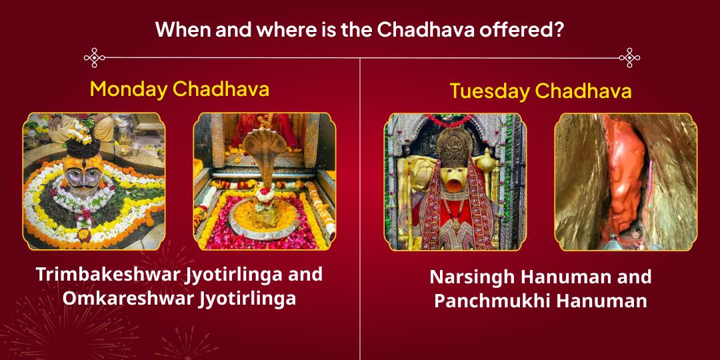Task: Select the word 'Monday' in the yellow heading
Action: [129, 89]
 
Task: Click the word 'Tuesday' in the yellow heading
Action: [489, 91]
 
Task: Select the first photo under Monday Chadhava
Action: [94, 181]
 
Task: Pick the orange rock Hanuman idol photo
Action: [626, 181]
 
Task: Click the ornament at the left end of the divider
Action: [94, 57]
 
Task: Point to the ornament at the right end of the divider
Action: [629, 57]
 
